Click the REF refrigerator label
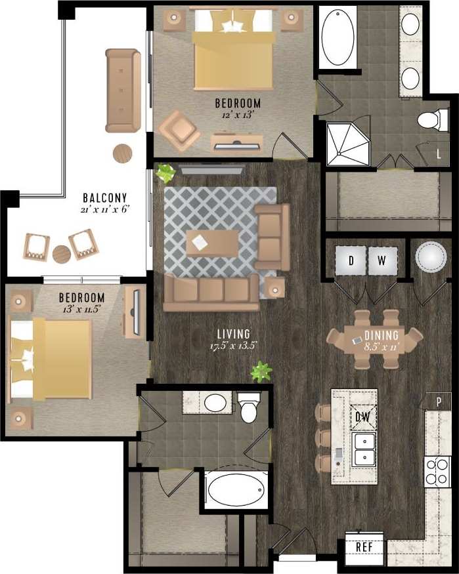click(364, 546)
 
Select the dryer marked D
click(351, 261)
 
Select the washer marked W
click(382, 261)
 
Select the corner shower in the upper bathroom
click(347, 144)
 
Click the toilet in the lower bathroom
click(250, 407)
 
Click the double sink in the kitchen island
click(364, 448)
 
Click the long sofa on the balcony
click(123, 90)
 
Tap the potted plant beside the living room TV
click(165, 174)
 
